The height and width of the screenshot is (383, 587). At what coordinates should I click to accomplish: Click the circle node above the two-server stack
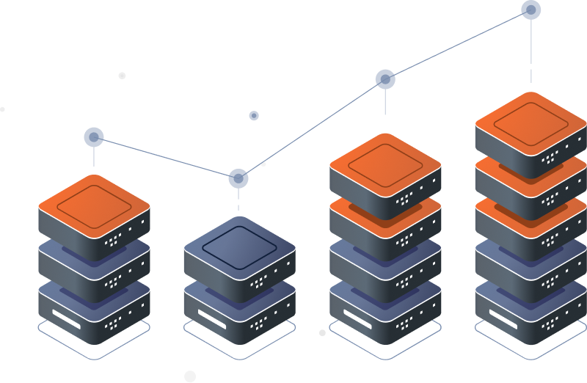pos(238,178)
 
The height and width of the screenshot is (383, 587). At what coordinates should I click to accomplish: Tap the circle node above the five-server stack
pos(531,10)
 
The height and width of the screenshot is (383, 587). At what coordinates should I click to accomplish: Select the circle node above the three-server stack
pos(94,137)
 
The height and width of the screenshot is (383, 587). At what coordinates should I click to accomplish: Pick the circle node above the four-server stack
pos(385,79)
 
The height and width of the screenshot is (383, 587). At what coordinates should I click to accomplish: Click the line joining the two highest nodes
pos(459,44)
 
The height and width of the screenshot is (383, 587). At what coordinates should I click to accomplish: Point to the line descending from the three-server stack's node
pos(166,158)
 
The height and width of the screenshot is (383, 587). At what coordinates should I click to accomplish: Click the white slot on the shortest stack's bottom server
pos(216,315)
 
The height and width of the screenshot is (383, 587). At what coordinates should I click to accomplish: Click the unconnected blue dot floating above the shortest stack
pos(254,115)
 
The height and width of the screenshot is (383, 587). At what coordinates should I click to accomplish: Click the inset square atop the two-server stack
pos(238,242)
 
